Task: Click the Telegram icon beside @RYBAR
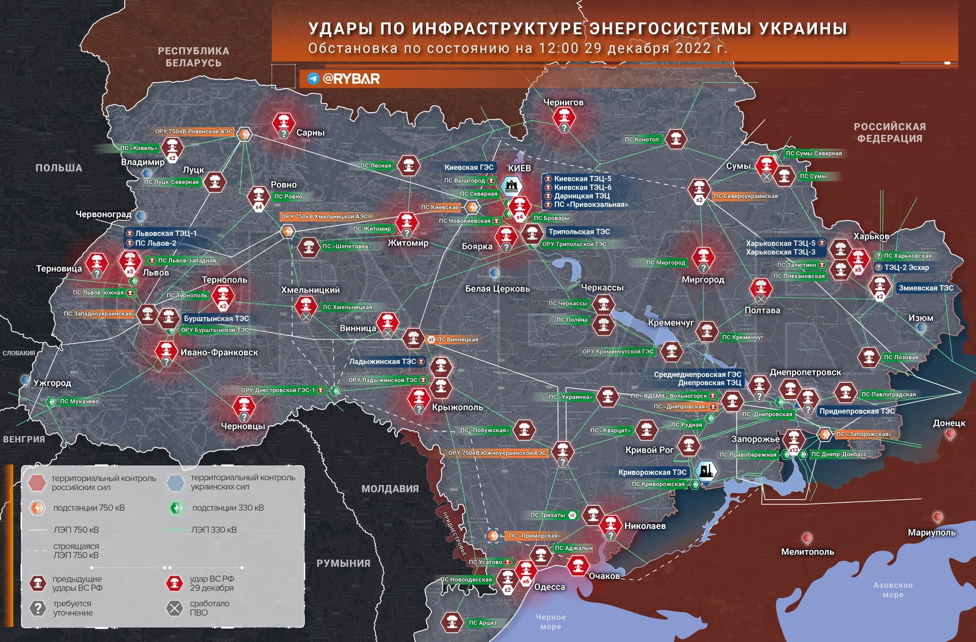tap(313, 79)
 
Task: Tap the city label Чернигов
tap(564, 102)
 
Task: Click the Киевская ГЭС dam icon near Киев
tap(511, 186)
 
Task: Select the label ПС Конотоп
tap(642, 139)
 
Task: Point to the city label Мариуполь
tap(931, 533)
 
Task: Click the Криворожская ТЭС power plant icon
tap(705, 471)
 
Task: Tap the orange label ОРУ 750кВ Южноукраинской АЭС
tap(497, 453)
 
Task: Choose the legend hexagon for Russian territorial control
tap(37, 483)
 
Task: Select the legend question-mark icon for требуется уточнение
tap(37, 608)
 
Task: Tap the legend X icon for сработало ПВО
tap(175, 608)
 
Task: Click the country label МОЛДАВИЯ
tap(390, 488)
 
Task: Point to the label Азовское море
tap(893, 590)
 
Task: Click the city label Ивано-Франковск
tap(219, 352)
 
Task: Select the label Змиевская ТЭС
tap(926, 288)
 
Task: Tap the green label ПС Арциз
tap(482, 622)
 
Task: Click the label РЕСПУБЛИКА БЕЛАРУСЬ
tap(193, 57)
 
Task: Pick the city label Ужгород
tap(52, 382)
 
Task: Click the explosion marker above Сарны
tap(283, 122)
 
